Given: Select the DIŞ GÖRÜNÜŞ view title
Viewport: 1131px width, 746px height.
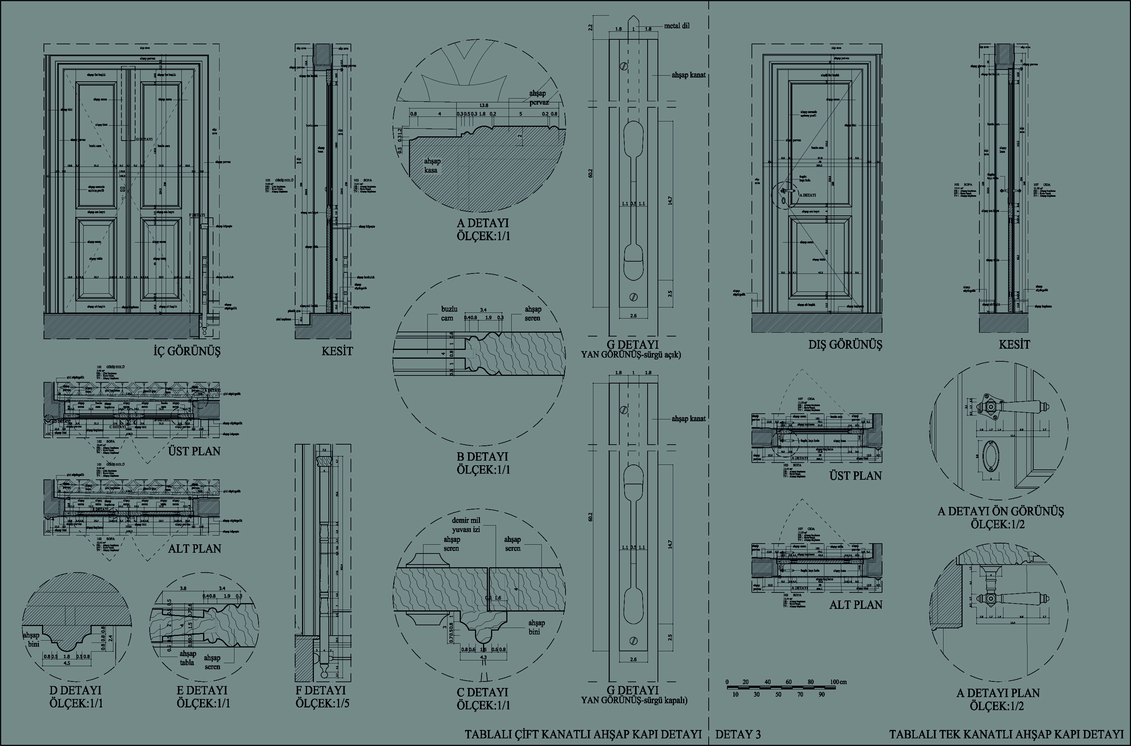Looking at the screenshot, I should [x=845, y=345].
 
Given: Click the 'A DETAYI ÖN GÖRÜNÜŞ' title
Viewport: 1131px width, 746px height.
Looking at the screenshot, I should [x=1001, y=511].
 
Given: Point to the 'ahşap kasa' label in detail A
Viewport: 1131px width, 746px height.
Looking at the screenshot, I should [x=431, y=165].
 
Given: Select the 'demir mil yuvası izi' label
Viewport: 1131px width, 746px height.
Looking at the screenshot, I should [x=466, y=524].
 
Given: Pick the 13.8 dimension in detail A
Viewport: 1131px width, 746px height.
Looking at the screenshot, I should [x=483, y=105].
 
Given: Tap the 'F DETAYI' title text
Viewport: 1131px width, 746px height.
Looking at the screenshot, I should [x=321, y=690].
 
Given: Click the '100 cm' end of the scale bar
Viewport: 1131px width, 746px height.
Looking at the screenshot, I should [x=839, y=682].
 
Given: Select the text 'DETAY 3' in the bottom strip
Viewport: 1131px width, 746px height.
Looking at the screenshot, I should [x=738, y=734].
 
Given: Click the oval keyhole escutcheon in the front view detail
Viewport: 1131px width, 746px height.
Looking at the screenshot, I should [x=990, y=456].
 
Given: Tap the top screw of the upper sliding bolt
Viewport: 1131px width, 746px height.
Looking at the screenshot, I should [x=624, y=66].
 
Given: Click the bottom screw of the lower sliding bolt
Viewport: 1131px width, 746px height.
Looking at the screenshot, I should [x=633, y=641].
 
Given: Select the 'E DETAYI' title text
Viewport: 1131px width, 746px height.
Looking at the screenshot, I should [x=202, y=690].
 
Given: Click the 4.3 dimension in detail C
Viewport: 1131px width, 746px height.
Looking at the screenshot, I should [x=483, y=657].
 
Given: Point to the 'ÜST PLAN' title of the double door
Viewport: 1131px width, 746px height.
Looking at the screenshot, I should [x=194, y=451].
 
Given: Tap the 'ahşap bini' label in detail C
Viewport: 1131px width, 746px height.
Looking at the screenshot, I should [x=536, y=627].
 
